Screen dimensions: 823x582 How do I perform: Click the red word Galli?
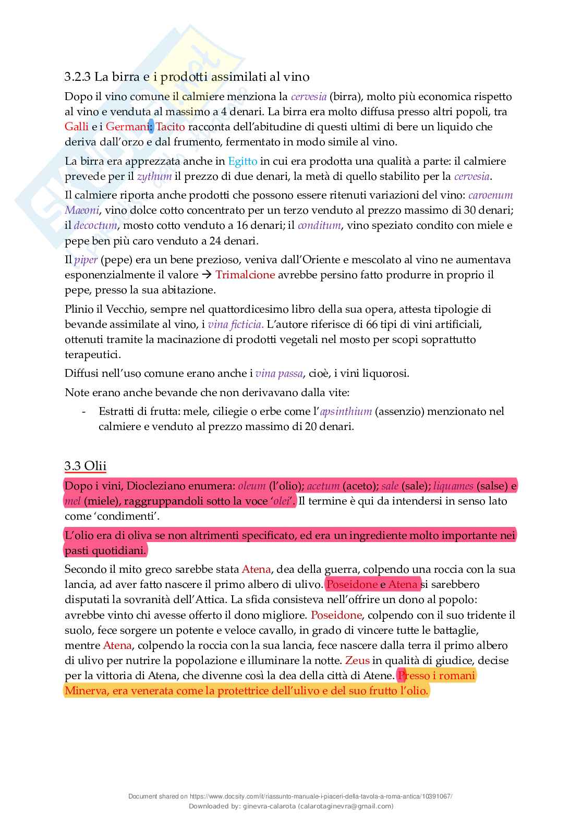pyautogui.click(x=76, y=127)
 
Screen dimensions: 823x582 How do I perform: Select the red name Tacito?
pyautogui.click(x=171, y=127)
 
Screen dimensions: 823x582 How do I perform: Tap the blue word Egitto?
pyautogui.click(x=242, y=161)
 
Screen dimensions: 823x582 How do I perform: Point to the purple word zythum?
pyautogui.click(x=154, y=176)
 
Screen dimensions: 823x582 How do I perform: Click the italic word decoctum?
pyautogui.click(x=95, y=226)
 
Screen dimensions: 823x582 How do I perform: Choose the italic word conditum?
pyautogui.click(x=320, y=226)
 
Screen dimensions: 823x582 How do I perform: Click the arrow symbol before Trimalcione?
pyautogui.click(x=207, y=275)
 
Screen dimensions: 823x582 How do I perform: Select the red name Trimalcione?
pyautogui.click(x=245, y=275)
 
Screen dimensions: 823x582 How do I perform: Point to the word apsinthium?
pyautogui.click(x=346, y=411)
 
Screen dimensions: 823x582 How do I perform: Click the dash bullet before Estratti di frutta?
pyautogui.click(x=84, y=411)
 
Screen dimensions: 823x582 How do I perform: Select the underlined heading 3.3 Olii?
pyautogui.click(x=86, y=466)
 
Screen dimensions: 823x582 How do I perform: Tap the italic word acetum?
pyautogui.click(x=323, y=486)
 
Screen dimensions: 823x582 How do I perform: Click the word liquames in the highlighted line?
pyautogui.click(x=453, y=486)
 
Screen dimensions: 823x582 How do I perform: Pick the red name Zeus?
pyautogui.click(x=357, y=660)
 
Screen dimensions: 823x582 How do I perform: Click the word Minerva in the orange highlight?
pyautogui.click(x=86, y=691)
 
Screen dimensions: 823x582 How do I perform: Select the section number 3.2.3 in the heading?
pyautogui.click(x=78, y=77)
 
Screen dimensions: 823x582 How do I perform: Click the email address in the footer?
pyautogui.click(x=345, y=806)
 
